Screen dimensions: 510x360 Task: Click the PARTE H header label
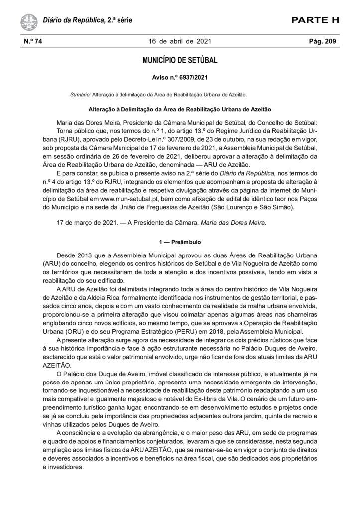(x=315, y=20)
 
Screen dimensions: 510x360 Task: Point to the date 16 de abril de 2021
(x=180, y=42)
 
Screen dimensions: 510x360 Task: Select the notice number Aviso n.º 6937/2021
(x=180, y=78)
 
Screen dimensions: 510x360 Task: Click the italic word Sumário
(x=81, y=94)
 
